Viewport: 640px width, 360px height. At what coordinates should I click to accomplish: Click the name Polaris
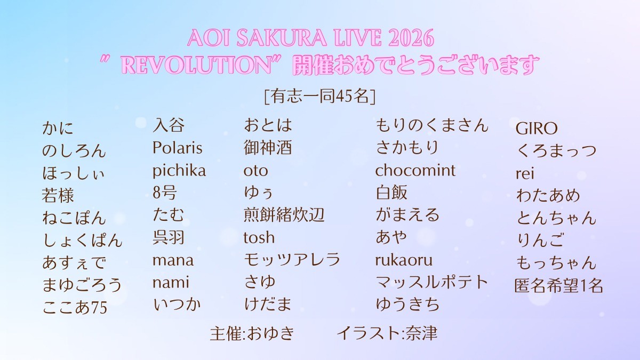pos(178,148)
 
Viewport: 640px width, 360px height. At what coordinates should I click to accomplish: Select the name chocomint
pos(415,170)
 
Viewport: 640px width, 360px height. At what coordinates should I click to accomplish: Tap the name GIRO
pos(537,129)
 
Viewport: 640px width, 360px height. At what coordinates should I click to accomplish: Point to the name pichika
pos(179,171)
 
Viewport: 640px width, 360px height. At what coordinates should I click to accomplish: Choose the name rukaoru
pos(404,261)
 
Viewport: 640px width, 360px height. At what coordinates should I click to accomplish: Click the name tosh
pos(259,237)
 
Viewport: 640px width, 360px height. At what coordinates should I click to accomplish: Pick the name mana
pos(173,261)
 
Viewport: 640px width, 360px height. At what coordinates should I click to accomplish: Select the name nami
pos(171,283)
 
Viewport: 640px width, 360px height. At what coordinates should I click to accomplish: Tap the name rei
pos(525,173)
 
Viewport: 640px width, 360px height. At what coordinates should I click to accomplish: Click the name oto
pos(255,171)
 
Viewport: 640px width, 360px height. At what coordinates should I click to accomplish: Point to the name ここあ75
pos(75,307)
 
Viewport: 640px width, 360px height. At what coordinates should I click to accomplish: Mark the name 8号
pos(164,193)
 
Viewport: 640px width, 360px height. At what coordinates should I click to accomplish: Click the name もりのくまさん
pos(431,125)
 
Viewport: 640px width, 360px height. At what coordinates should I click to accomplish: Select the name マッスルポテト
pos(431,282)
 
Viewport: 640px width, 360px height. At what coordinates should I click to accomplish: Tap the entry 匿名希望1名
pos(558,285)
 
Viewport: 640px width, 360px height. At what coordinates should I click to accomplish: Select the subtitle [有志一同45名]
pos(319,97)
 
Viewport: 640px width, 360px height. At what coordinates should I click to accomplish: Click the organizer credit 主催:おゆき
pos(252,333)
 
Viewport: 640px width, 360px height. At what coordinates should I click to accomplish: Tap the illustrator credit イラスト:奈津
pos(387,333)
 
